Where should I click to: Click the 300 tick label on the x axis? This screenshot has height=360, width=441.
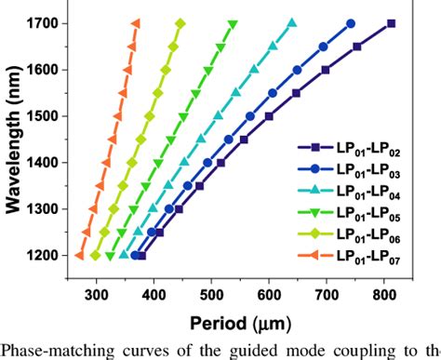[96, 296]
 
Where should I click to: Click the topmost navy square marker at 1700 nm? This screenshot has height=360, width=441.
[391, 23]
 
